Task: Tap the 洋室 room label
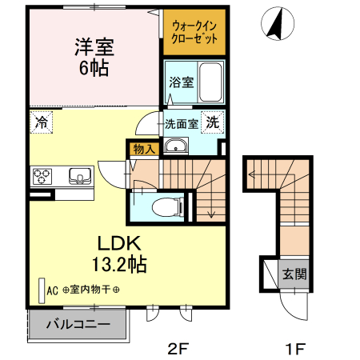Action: point(94,46)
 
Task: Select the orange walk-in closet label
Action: point(194,33)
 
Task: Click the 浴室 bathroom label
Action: point(180,82)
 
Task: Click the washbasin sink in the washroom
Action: point(174,146)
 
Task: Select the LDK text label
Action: point(120,242)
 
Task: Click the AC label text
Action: point(54,291)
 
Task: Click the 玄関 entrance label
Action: point(294,274)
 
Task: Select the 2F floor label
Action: point(177,348)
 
